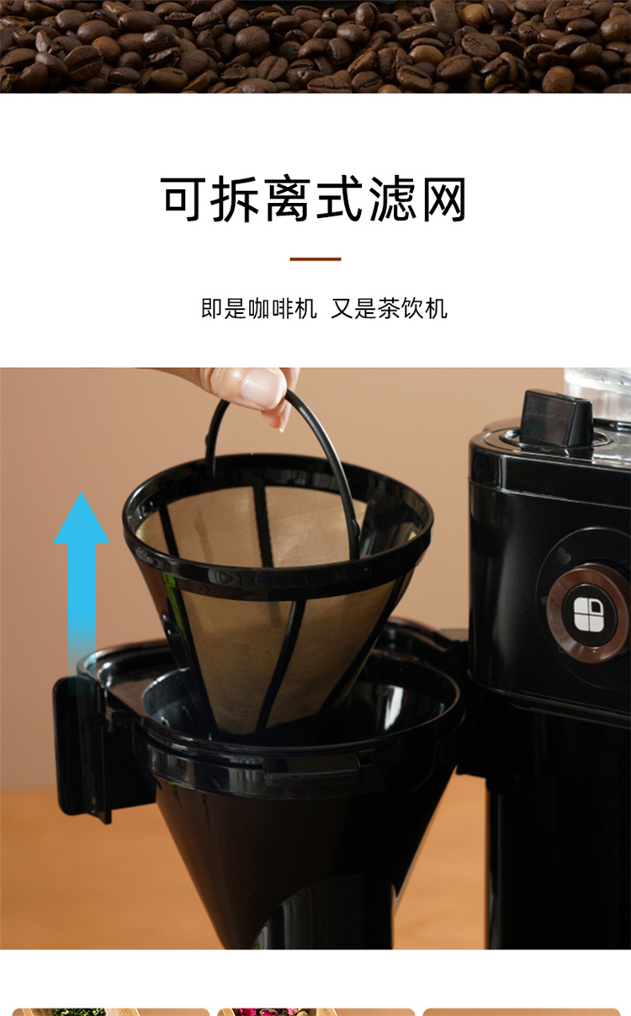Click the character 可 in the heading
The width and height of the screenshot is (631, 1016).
(182, 199)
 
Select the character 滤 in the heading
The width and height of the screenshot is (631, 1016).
(393, 199)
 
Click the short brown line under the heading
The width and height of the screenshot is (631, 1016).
(315, 259)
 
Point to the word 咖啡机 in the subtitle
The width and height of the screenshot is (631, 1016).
(283, 308)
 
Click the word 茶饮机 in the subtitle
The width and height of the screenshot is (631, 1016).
(412, 308)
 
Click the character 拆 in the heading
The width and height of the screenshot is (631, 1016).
(235, 199)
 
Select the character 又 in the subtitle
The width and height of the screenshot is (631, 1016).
(342, 308)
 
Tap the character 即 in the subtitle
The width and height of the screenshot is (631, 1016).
(212, 308)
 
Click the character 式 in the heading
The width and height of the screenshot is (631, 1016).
(340, 199)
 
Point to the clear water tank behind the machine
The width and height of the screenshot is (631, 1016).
(597, 386)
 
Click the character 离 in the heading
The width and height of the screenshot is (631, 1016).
(287, 199)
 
